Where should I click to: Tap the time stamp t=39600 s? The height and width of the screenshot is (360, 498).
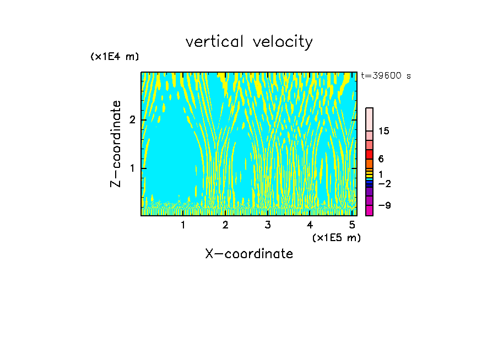point(386,76)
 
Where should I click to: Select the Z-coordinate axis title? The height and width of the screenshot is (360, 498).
point(116,144)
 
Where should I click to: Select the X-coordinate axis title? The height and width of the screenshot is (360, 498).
point(249,254)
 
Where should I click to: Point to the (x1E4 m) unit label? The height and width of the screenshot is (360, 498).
point(115,57)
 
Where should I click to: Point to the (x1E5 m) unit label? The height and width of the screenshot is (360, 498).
point(336,237)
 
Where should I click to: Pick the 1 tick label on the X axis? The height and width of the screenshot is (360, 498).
point(183,225)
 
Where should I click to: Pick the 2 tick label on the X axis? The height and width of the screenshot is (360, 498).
point(225,225)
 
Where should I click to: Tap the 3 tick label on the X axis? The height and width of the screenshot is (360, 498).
point(267,225)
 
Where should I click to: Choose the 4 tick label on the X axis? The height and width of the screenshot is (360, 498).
point(310,225)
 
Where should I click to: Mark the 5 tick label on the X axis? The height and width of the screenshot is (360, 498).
point(351,225)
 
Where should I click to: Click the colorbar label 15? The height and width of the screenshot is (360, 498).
point(384,131)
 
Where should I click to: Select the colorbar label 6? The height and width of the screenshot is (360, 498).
point(381,159)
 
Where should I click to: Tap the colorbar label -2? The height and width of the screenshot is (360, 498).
point(384,183)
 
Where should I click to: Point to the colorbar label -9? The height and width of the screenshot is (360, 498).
point(384,205)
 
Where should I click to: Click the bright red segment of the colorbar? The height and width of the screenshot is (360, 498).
point(369,154)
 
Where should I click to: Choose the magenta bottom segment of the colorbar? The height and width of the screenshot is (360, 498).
point(369,210)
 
